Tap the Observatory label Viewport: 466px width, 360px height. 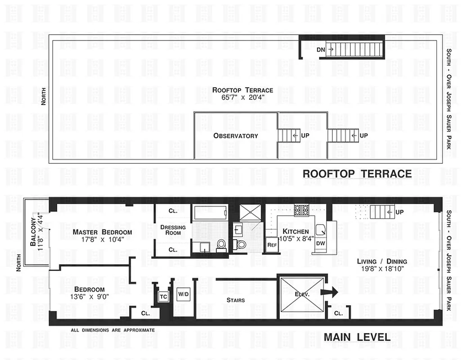[x=236, y=135]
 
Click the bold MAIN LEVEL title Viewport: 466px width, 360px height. [x=357, y=337]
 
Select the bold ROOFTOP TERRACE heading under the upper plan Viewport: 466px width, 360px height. [x=357, y=174]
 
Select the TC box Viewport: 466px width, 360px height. [x=164, y=297]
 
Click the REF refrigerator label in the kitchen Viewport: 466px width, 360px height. [x=272, y=245]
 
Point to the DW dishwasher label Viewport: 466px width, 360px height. [x=320, y=243]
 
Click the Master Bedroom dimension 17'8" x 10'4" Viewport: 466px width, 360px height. [x=102, y=240]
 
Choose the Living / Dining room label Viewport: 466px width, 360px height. [x=382, y=261]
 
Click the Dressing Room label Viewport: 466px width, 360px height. [x=173, y=230]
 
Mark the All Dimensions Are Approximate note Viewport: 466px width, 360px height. [x=112, y=330]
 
